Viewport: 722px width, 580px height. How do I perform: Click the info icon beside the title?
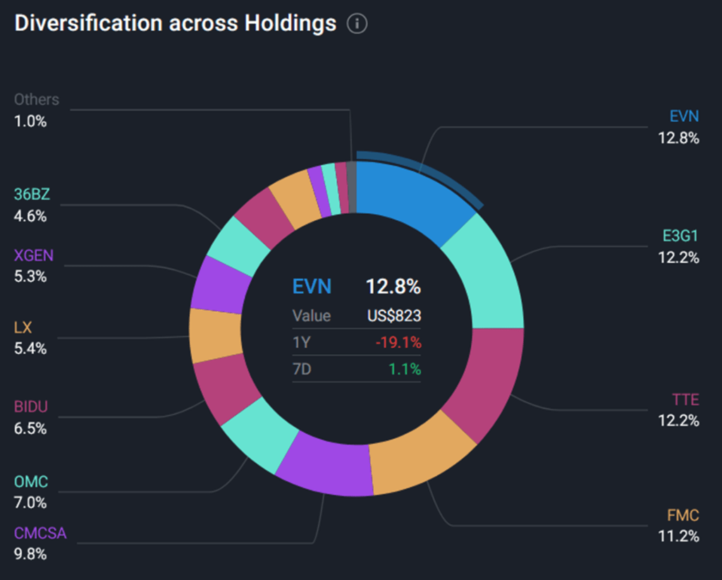tap(357, 24)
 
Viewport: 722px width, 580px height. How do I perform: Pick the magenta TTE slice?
tap(482, 381)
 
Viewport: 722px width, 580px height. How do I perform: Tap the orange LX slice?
tap(216, 334)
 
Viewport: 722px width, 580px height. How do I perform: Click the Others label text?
tap(37, 99)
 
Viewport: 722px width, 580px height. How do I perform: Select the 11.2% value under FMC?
tap(678, 536)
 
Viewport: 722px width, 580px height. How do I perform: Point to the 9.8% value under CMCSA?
tap(30, 554)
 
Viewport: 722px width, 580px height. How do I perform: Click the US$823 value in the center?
tap(393, 316)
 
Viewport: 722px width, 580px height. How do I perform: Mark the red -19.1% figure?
tap(398, 343)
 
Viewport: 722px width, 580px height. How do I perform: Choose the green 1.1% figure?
tap(405, 369)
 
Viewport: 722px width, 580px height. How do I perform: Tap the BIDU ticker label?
tap(31, 407)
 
